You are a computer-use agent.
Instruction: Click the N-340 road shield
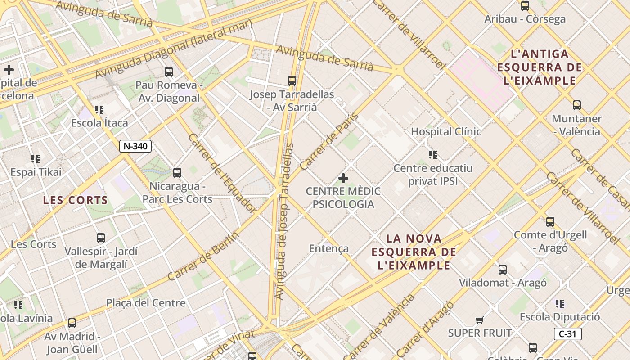(x=135, y=146)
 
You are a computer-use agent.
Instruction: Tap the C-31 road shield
(x=567, y=334)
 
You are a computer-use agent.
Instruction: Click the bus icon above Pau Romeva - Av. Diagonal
(x=169, y=72)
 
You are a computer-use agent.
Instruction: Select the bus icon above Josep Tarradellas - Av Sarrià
(x=292, y=81)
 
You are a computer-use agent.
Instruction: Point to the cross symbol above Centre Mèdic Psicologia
(x=343, y=178)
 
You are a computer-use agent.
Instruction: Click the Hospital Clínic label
(x=446, y=132)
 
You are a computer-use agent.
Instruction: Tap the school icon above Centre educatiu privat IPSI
(x=433, y=155)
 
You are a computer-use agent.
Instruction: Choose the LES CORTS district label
(x=76, y=200)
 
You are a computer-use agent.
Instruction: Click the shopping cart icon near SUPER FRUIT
(x=479, y=320)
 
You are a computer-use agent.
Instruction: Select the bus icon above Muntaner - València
(x=577, y=106)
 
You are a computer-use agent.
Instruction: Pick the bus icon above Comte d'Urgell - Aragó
(x=550, y=222)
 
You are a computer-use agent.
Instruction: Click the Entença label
(x=329, y=248)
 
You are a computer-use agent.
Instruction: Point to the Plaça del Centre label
(x=146, y=303)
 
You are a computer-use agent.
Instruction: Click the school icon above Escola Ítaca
(x=99, y=110)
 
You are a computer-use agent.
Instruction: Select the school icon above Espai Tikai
(x=36, y=159)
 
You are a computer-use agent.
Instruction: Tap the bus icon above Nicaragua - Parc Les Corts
(x=177, y=173)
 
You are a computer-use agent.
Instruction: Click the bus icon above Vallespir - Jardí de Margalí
(x=101, y=238)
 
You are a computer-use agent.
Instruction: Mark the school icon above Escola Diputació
(x=560, y=304)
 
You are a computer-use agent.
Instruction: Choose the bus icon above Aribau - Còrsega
(x=525, y=6)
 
